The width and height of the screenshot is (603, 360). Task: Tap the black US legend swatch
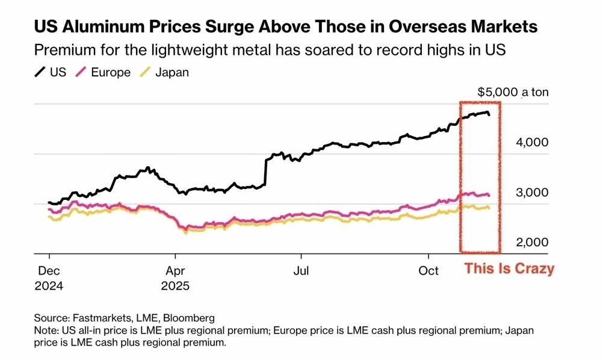[40, 72]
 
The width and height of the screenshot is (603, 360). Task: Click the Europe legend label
[111, 73]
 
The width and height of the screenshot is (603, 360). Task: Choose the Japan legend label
[172, 73]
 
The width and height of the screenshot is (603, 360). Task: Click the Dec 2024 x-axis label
[49, 278]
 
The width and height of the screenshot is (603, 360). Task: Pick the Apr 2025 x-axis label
[175, 278]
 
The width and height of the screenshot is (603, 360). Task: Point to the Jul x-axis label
[301, 271]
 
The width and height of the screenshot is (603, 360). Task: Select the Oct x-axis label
[428, 271]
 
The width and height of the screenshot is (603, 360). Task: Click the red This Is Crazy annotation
[509, 269]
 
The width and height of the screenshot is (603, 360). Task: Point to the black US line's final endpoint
[489, 114]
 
